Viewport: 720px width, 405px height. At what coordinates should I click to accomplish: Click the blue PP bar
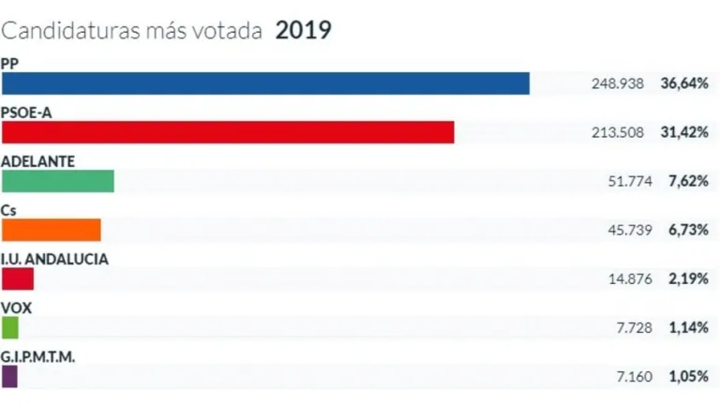(265, 83)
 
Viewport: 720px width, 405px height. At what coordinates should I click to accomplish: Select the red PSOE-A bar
(228, 132)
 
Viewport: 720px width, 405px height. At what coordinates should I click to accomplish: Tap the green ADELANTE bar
(57, 181)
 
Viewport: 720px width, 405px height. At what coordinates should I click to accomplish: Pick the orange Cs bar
(51, 230)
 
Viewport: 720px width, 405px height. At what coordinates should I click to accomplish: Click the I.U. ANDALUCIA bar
(18, 278)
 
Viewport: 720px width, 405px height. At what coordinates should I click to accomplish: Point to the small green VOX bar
(10, 327)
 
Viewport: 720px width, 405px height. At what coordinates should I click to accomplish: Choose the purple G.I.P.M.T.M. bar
(9, 376)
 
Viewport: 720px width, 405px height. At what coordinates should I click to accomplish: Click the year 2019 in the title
(303, 30)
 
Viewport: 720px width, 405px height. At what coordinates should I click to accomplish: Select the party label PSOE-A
(26, 112)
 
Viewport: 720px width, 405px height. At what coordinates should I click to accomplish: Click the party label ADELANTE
(38, 160)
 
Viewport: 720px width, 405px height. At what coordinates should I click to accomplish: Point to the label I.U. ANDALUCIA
(55, 258)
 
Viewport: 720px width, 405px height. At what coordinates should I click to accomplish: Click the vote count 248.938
(618, 83)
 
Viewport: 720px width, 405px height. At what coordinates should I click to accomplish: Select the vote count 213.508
(618, 132)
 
